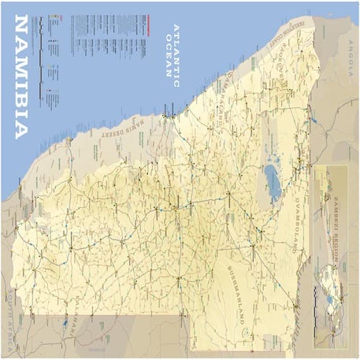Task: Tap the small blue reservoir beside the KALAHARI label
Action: coord(62,323)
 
